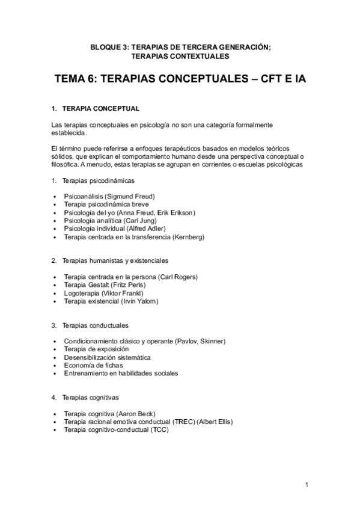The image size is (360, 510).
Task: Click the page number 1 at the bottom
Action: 307,485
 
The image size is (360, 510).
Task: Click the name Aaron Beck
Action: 135,414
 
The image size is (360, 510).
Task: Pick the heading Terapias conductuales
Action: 95,325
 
